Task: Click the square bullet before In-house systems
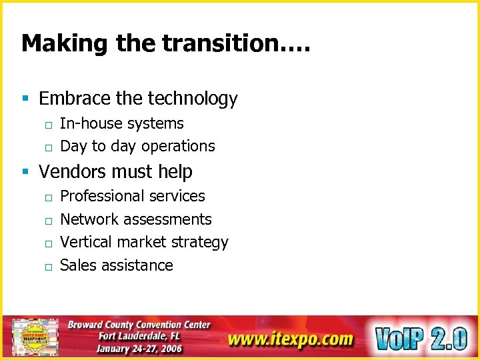[x=49, y=125]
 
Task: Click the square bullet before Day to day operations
[x=49, y=147]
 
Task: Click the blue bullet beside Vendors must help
[x=25, y=172]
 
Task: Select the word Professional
[x=101, y=197]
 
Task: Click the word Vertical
[x=84, y=242]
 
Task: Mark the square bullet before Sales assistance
[x=49, y=267]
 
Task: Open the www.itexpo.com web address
[x=290, y=339]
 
